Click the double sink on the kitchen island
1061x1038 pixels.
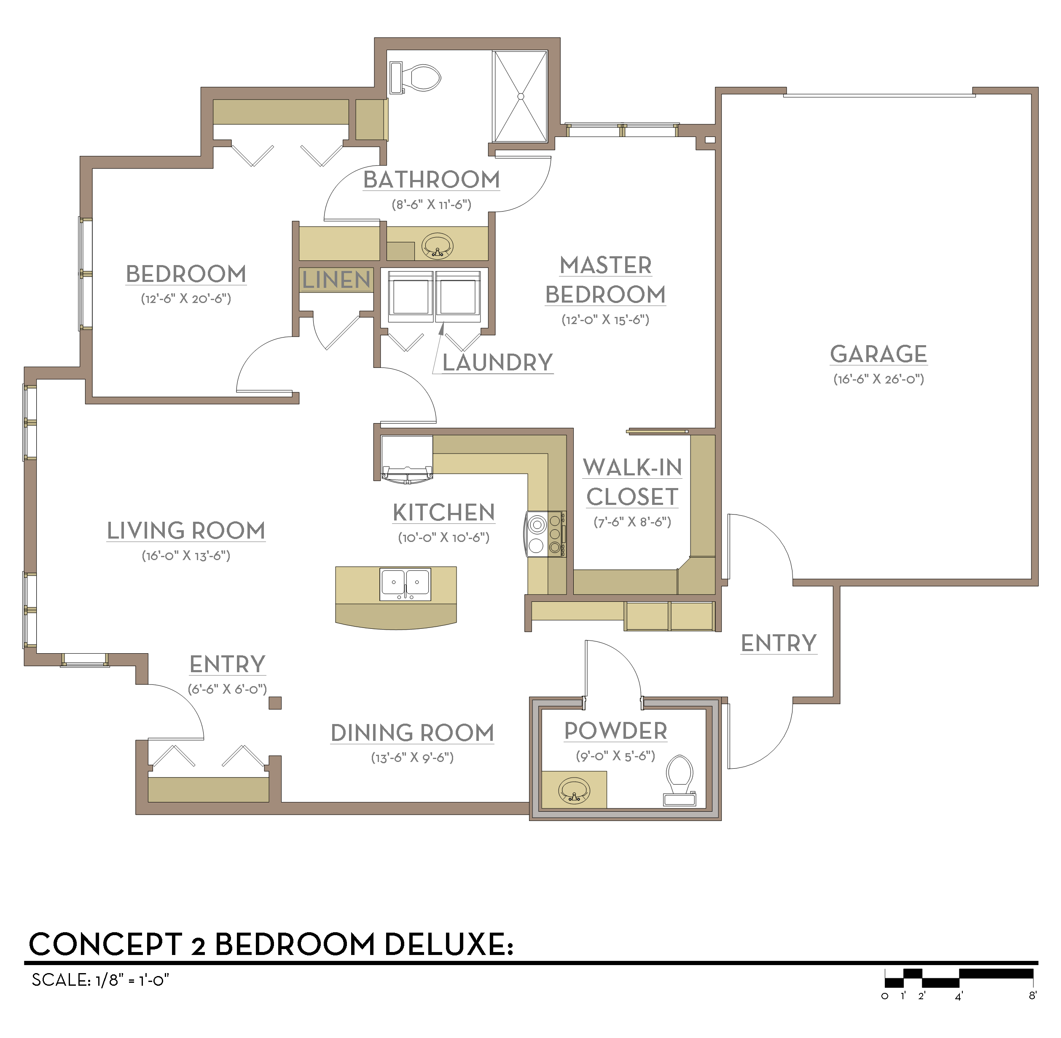click(405, 584)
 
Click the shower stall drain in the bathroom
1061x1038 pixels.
click(521, 97)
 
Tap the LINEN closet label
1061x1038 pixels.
click(336, 280)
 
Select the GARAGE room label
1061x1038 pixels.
click(878, 354)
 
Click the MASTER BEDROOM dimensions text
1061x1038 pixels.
click(605, 319)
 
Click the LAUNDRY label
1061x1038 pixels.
click(497, 362)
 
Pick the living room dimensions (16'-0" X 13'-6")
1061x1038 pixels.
click(186, 555)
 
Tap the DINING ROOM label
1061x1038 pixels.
click(412, 733)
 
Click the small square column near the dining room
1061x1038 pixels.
click(275, 703)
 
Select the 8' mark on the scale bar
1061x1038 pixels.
click(1032, 995)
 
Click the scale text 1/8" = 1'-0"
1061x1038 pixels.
click(132, 980)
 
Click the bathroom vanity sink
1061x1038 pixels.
click(437, 246)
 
